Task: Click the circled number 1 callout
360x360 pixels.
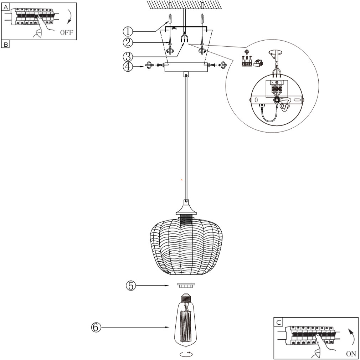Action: point(128,31)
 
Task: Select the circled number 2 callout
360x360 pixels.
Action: point(128,42)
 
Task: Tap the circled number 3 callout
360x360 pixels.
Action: point(128,56)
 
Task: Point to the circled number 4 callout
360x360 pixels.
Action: point(128,67)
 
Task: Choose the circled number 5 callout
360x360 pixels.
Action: point(131,286)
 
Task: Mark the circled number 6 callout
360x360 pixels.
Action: point(96,327)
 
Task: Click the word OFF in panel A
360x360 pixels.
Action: point(66,32)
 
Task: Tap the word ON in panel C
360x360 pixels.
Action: point(351,353)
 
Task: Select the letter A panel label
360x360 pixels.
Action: point(6,7)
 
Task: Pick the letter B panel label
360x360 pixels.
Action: point(6,44)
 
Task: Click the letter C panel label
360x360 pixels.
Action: point(278,322)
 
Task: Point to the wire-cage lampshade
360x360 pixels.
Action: point(186,246)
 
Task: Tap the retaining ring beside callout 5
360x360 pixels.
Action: point(186,286)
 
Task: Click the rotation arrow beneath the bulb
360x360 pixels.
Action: point(186,354)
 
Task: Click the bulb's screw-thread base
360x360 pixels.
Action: point(186,298)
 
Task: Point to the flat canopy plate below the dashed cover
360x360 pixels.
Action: point(186,67)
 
